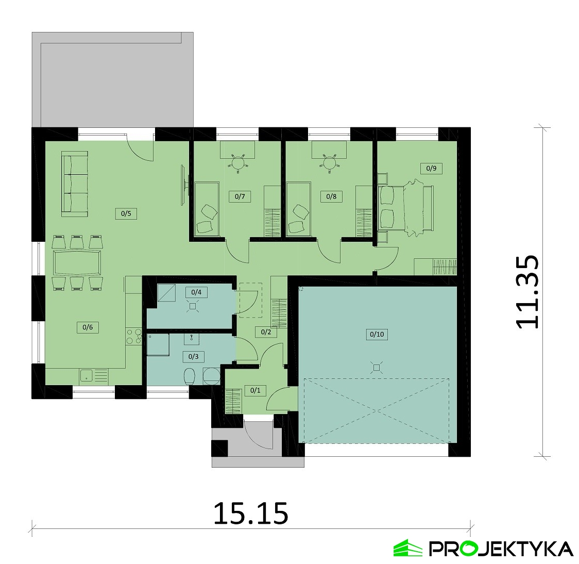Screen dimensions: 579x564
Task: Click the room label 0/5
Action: click(x=126, y=213)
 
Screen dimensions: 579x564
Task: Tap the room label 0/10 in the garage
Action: click(x=377, y=335)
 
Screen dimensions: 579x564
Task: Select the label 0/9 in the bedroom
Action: click(x=431, y=169)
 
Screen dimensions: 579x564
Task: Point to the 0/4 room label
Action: click(x=196, y=292)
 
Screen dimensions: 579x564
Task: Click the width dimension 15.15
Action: click(x=251, y=513)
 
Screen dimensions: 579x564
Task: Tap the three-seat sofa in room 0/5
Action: click(x=75, y=184)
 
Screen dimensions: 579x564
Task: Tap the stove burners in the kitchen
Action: click(x=133, y=337)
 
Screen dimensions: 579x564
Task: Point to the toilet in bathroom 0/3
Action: click(x=190, y=376)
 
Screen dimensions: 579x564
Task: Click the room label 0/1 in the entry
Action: click(x=255, y=390)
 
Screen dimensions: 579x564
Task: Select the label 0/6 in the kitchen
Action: click(x=88, y=327)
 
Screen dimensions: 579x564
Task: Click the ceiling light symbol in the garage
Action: click(x=376, y=368)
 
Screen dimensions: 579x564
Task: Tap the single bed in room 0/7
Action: click(x=207, y=208)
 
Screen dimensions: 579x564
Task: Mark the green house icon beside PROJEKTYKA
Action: click(x=407, y=548)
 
